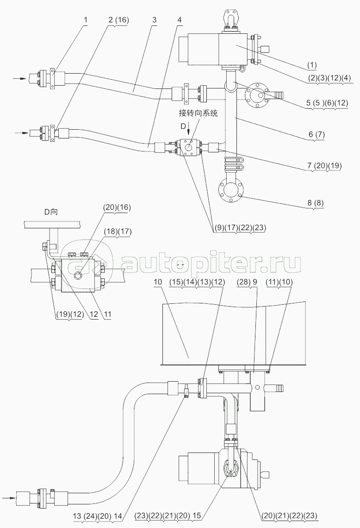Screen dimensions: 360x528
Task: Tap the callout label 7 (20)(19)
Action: (x=324, y=165)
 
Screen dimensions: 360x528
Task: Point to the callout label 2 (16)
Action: (x=118, y=19)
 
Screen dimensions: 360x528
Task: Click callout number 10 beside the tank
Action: (x=157, y=282)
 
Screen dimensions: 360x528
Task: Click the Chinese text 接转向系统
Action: (x=198, y=113)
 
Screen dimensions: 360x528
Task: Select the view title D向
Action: (x=51, y=212)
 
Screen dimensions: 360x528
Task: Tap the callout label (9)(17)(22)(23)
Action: (x=240, y=227)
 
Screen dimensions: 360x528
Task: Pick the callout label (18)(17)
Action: (x=118, y=232)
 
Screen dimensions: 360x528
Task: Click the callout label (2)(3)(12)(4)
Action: (x=329, y=78)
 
